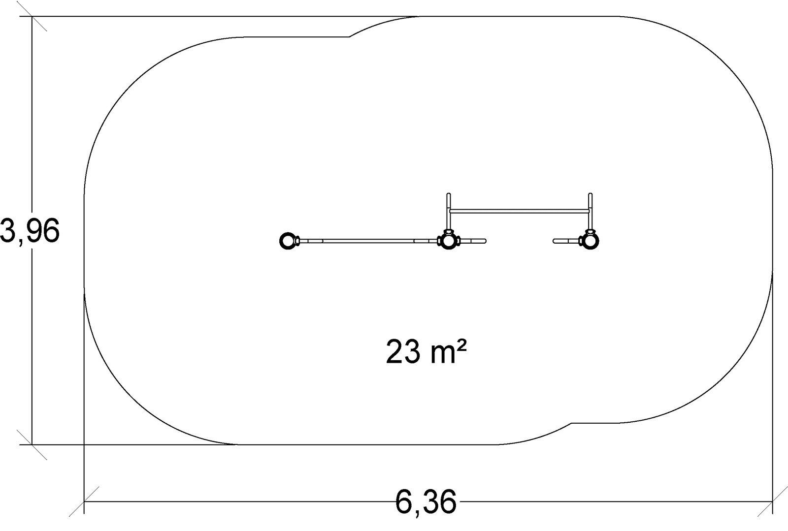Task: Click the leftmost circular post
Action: click(x=288, y=241)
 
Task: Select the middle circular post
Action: click(x=449, y=241)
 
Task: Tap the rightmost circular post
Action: click(x=591, y=241)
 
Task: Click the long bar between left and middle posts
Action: click(x=368, y=241)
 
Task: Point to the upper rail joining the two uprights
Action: click(x=520, y=211)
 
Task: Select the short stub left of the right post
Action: click(x=566, y=241)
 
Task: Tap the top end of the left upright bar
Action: click(x=449, y=194)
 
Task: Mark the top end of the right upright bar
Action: click(x=591, y=194)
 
